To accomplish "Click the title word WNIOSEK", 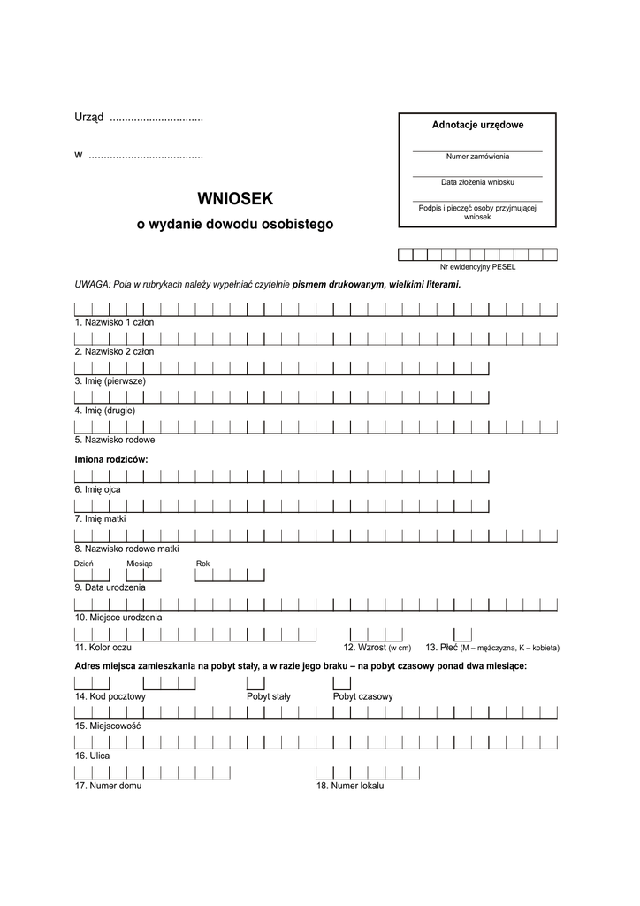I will pyautogui.click(x=235, y=199).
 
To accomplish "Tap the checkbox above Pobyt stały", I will pyautogui.click(x=255, y=683).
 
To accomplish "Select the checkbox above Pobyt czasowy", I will pyautogui.click(x=342, y=683).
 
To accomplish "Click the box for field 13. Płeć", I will pyautogui.click(x=462, y=633).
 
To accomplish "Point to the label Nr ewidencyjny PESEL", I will pyautogui.click(x=477, y=266).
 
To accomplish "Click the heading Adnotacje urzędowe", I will pyautogui.click(x=477, y=125).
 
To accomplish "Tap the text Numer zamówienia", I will pyautogui.click(x=477, y=157).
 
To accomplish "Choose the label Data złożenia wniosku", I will pyautogui.click(x=477, y=182).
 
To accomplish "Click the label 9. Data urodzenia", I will pyautogui.click(x=110, y=587).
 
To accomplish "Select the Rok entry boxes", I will pyautogui.click(x=230, y=575).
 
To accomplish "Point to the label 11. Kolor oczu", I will pyautogui.click(x=103, y=648).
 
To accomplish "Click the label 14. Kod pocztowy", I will pyautogui.click(x=110, y=696).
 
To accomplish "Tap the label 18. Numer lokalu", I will pyautogui.click(x=350, y=785).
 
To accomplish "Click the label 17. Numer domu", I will pyautogui.click(x=109, y=785).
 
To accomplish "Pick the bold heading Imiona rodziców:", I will pyautogui.click(x=111, y=459).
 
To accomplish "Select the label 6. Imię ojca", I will pyautogui.click(x=98, y=488).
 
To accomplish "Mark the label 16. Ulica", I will pyautogui.click(x=93, y=756).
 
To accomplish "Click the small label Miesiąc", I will pyautogui.click(x=140, y=563).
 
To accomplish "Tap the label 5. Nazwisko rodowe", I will pyautogui.click(x=116, y=440).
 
